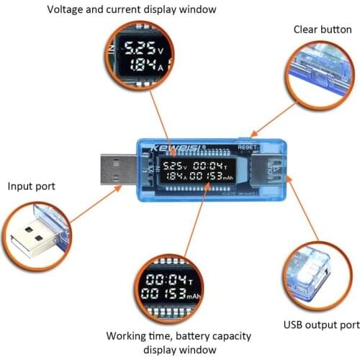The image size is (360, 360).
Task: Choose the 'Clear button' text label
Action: (321, 30)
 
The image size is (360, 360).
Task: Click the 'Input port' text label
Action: (32, 186)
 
